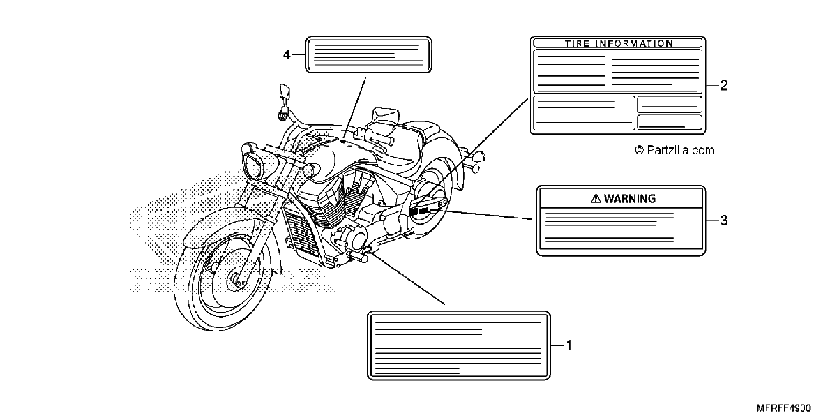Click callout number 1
tap(569, 345)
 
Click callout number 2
tap(724, 86)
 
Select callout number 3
tap(724, 221)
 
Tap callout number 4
tap(287, 55)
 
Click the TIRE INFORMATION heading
tap(619, 43)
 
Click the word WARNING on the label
tap(630, 198)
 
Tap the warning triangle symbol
tap(596, 198)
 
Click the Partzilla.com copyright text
tap(674, 150)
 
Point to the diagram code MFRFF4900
tap(783, 408)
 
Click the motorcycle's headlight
tap(253, 166)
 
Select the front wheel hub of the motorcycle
tap(236, 278)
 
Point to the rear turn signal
tap(478, 156)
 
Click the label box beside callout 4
tap(368, 54)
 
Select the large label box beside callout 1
tap(459, 345)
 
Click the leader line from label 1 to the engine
tap(406, 278)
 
